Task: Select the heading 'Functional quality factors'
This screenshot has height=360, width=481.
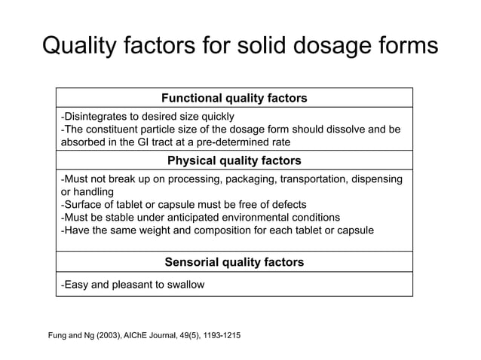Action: tap(234, 99)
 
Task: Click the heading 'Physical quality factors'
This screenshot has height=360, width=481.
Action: tap(234, 160)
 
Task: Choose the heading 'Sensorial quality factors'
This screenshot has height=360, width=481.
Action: tap(234, 262)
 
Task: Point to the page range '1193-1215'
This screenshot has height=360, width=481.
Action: tap(219, 334)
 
